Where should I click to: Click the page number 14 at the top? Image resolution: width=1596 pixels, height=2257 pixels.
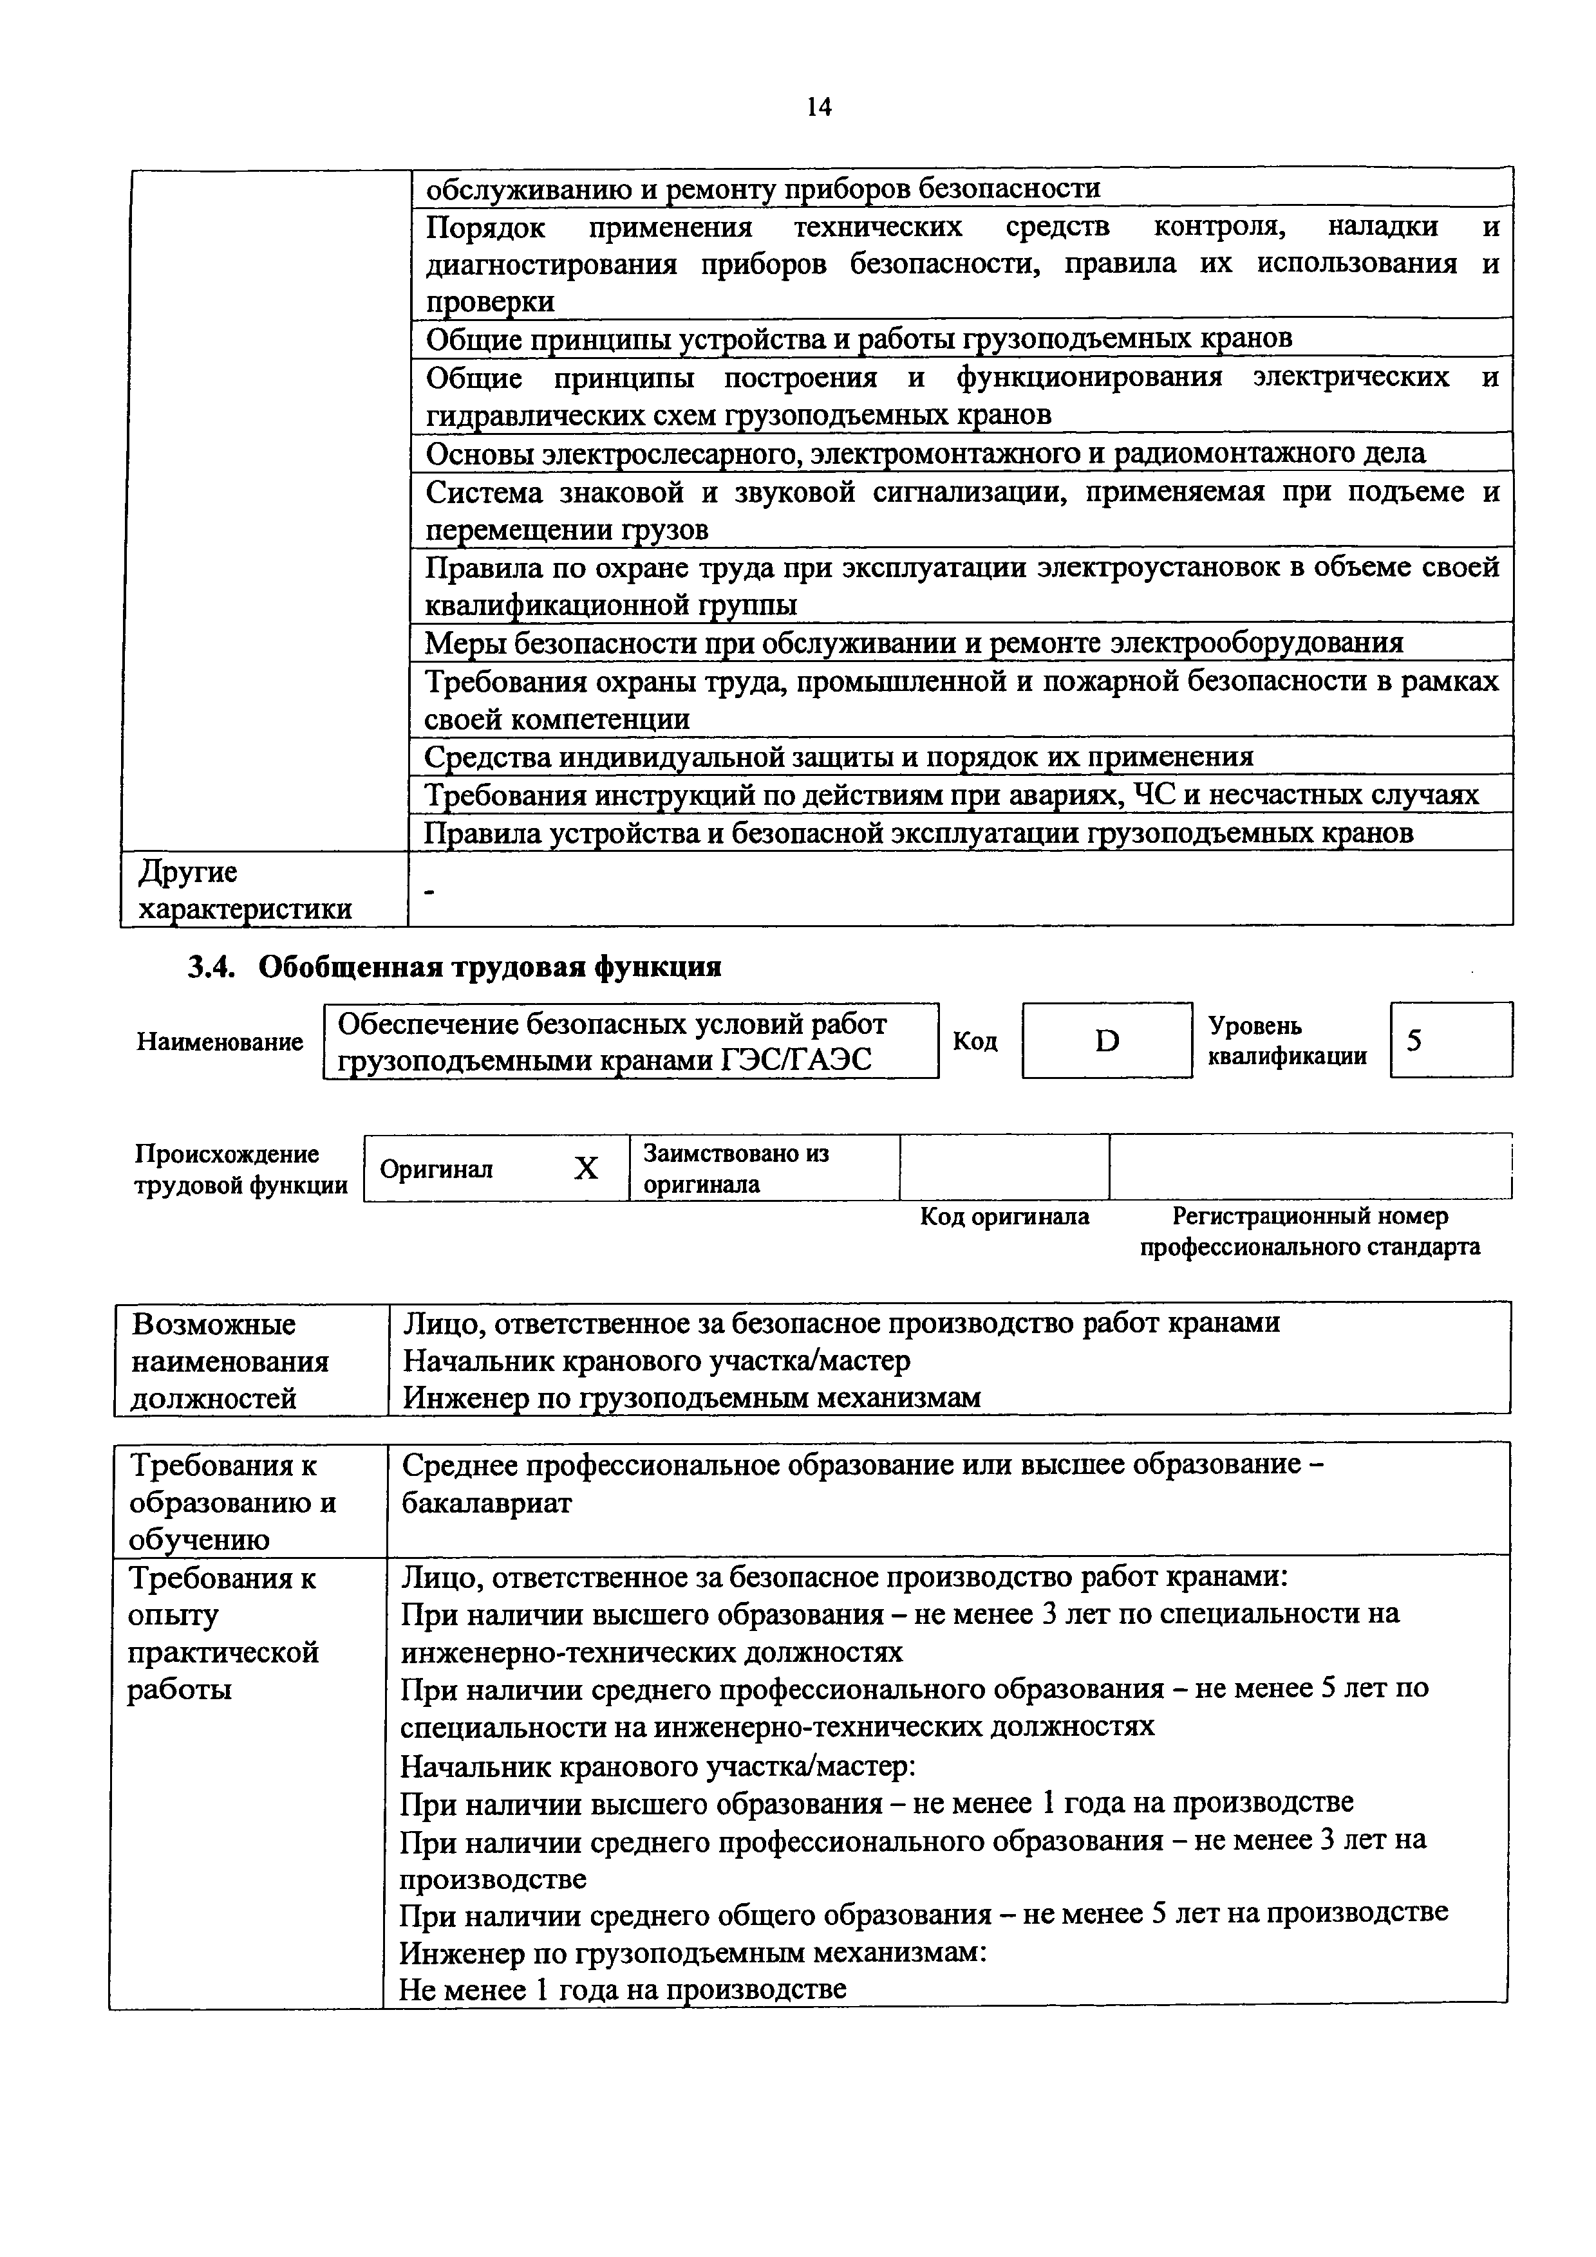[x=818, y=107]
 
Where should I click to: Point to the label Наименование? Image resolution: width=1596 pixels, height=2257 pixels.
[x=220, y=1042]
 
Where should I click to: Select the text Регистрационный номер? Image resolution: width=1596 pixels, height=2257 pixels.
[x=1310, y=1217]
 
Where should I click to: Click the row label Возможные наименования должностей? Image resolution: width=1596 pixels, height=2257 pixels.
[x=230, y=1361]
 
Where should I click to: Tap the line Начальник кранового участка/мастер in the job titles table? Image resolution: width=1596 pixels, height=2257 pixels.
[x=656, y=1361]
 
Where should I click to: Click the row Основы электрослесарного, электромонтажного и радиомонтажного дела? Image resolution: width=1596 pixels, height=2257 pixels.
[x=925, y=453]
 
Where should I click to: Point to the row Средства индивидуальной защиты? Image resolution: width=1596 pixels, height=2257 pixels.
[x=838, y=757]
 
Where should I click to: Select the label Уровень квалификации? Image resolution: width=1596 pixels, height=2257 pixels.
[x=1286, y=1041]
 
